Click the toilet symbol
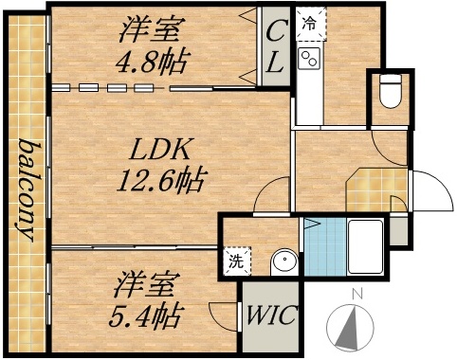click(389, 94)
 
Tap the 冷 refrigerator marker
click(309, 20)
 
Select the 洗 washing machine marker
click(233, 261)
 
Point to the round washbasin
click(280, 261)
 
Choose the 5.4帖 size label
click(151, 313)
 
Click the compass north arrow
click(354, 328)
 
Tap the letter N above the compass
click(356, 293)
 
